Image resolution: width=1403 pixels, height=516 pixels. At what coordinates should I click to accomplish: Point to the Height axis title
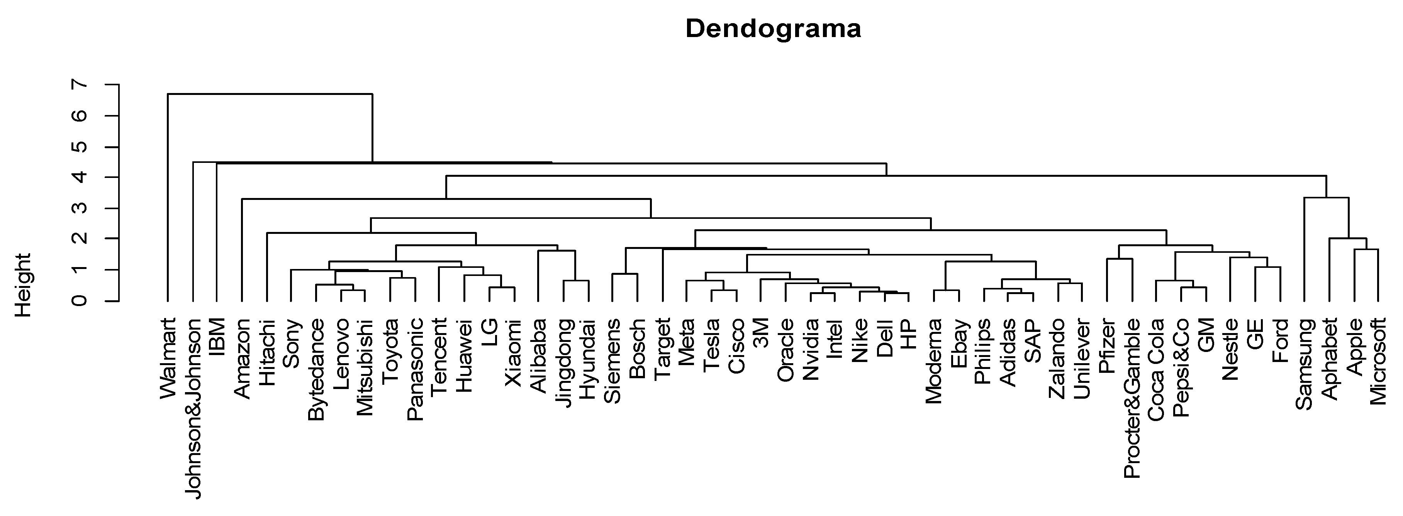24,285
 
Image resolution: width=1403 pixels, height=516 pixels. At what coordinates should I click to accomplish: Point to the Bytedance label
316,370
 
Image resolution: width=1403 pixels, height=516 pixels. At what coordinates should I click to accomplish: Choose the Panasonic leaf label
415,370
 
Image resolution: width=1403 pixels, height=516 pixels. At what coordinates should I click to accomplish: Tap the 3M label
760,333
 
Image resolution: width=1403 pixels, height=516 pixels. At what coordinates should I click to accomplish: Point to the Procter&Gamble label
1132,398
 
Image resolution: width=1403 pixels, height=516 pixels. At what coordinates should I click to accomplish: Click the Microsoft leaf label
1378,362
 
